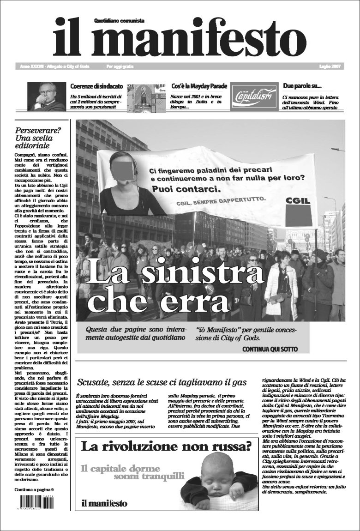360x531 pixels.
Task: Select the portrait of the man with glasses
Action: pyautogui.click(x=46, y=97)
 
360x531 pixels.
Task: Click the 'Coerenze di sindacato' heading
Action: pyautogui.click(x=96, y=86)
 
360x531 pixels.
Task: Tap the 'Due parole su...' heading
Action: pyautogui.click(x=302, y=86)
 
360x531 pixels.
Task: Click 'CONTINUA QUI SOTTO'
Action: pyautogui.click(x=270, y=349)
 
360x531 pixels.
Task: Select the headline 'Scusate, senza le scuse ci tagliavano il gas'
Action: pyautogui.click(x=162, y=382)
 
